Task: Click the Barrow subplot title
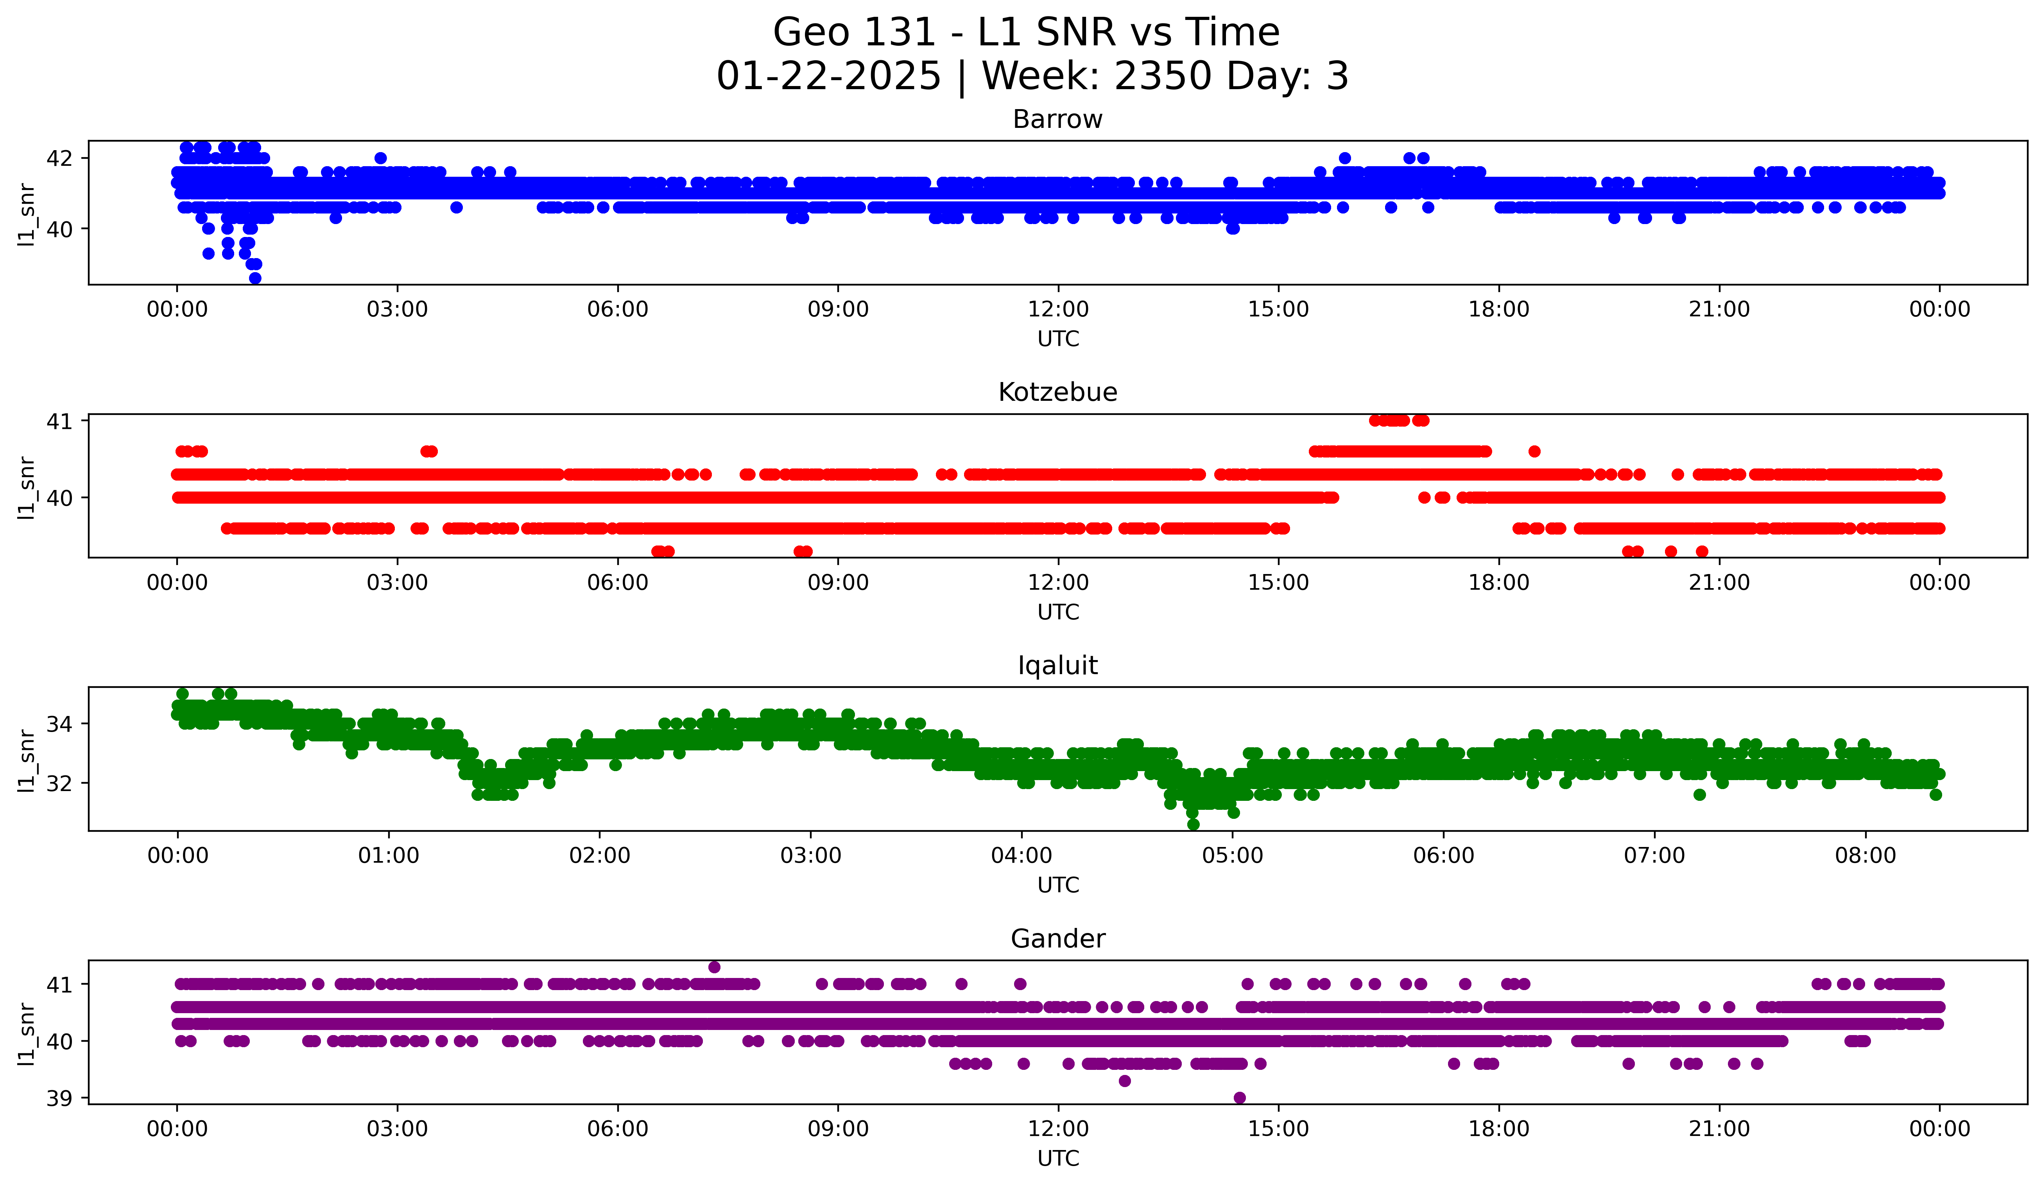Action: (x=1057, y=119)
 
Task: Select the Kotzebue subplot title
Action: (x=1057, y=392)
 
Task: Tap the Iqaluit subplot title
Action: (x=1057, y=666)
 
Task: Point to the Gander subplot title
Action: (x=1057, y=939)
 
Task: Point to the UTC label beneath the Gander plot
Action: (x=1057, y=1159)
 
